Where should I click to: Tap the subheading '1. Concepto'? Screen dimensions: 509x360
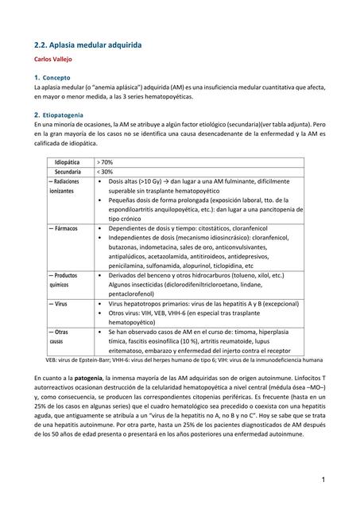[51, 77]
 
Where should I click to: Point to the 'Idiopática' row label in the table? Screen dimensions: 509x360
[67, 161]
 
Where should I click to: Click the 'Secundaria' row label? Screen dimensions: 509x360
[68, 172]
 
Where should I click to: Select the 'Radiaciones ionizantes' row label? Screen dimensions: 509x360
[64, 187]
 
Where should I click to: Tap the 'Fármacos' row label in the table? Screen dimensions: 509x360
[63, 228]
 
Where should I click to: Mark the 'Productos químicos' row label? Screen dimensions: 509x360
[63, 279]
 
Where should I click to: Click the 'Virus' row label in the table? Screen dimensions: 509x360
[58, 304]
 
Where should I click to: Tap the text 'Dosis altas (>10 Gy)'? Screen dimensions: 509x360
[138, 182]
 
